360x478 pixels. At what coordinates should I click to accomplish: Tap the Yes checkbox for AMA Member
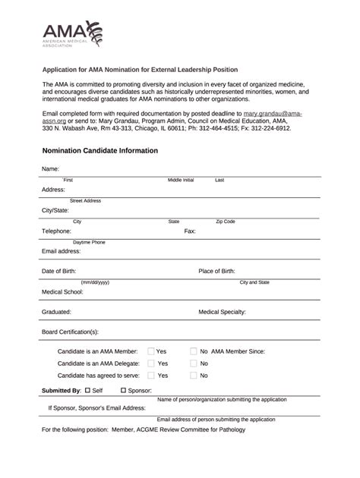tap(151, 351)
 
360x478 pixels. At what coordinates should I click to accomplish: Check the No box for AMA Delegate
tap(194, 363)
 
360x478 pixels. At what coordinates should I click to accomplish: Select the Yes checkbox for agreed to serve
tap(151, 376)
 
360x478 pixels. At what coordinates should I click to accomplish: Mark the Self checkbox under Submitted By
tap(88, 390)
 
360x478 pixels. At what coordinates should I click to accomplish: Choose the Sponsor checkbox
tap(123, 390)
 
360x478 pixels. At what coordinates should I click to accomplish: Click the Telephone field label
tap(56, 231)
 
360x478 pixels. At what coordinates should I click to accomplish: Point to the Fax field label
tap(190, 231)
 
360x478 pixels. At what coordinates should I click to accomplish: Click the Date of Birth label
tap(62, 271)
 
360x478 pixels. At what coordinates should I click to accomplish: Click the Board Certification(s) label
tap(70, 332)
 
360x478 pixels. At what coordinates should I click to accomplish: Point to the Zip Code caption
tap(226, 222)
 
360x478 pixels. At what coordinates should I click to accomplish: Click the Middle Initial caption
tap(181, 181)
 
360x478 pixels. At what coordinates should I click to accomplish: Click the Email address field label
tap(61, 250)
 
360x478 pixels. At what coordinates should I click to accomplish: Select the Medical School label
tap(62, 291)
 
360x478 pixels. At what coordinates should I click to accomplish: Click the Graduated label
tap(56, 311)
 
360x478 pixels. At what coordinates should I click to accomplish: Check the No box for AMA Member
tap(194, 351)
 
